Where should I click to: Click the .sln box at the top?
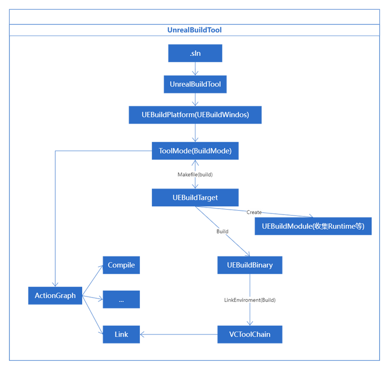(195, 53)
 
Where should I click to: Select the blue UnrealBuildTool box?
(195, 84)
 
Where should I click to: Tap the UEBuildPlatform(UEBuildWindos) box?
(195, 115)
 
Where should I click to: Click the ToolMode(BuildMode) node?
(195, 151)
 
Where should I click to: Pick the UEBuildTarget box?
(195, 197)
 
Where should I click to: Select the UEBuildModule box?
(313, 226)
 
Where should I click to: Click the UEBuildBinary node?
(250, 265)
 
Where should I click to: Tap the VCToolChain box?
(250, 334)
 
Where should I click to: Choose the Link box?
(121, 334)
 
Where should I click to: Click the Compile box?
(121, 265)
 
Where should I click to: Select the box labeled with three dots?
(121, 299)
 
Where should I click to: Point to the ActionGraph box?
(55, 295)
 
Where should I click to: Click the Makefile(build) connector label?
(195, 174)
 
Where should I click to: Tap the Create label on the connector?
(254, 212)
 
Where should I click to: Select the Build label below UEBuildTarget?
(222, 231)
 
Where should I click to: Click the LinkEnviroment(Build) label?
(250, 299)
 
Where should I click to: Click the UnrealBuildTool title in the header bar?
(194, 30)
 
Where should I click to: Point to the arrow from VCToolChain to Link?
(178, 334)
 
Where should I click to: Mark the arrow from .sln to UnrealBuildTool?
(195, 69)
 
